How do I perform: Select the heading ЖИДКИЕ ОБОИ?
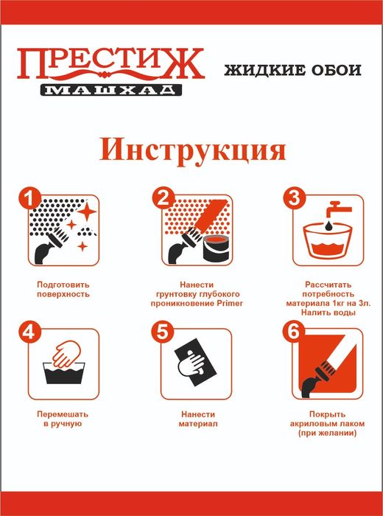point(292,72)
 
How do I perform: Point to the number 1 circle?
point(28,198)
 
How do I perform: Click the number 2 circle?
point(161,198)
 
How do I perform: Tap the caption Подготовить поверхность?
point(63,288)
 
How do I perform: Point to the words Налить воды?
point(328,313)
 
